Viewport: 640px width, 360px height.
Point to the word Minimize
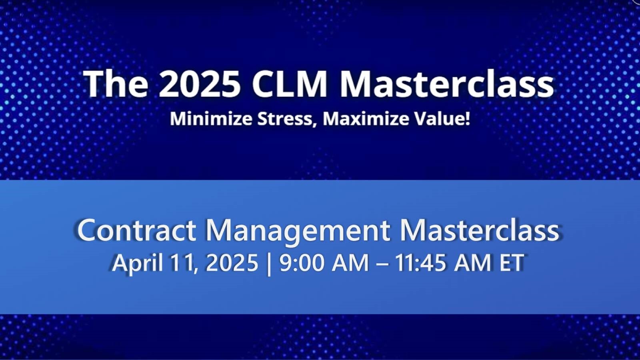(x=211, y=119)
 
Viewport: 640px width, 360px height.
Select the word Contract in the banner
(x=136, y=230)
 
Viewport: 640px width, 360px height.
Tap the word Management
(x=298, y=231)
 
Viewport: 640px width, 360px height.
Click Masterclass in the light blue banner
(x=479, y=230)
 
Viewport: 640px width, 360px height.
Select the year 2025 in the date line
(x=232, y=263)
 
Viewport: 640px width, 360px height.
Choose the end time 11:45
(x=420, y=263)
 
